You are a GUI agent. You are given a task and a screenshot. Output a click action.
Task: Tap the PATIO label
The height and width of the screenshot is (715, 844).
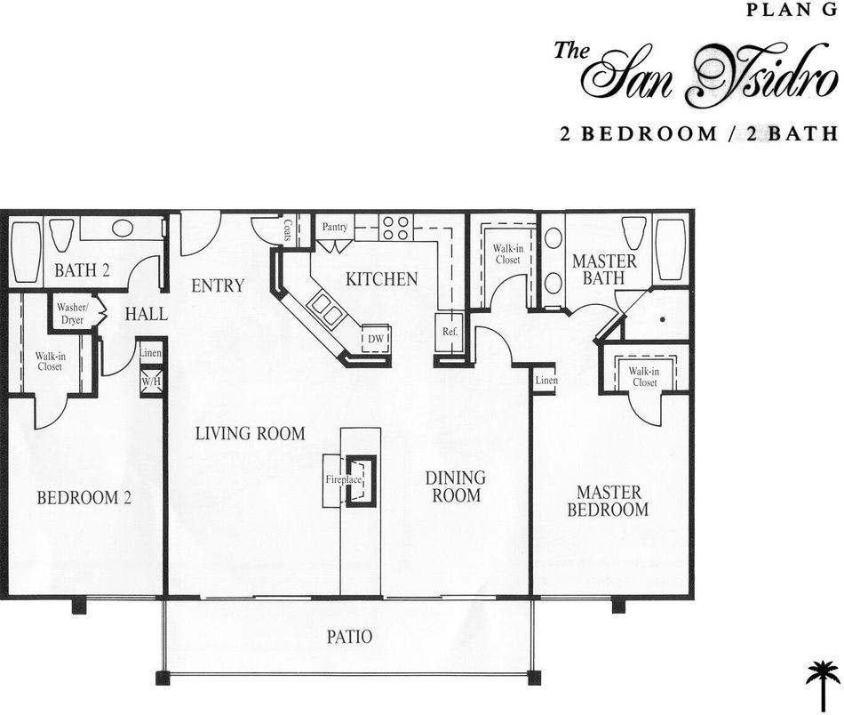click(347, 637)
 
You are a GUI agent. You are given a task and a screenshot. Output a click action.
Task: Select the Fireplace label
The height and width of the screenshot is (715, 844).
click(343, 480)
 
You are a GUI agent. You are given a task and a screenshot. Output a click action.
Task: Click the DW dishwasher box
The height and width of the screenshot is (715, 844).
click(375, 339)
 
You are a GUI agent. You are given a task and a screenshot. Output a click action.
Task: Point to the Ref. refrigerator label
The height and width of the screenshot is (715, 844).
click(449, 331)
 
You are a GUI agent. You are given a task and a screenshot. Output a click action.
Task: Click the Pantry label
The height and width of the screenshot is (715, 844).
click(335, 228)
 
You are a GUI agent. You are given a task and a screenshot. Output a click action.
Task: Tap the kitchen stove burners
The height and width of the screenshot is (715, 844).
click(396, 229)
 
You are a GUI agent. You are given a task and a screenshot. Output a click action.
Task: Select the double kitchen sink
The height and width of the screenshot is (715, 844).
click(325, 312)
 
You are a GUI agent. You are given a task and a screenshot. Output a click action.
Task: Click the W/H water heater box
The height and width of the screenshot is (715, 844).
click(149, 382)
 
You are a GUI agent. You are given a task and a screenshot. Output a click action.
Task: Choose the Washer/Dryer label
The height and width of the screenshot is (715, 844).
click(71, 313)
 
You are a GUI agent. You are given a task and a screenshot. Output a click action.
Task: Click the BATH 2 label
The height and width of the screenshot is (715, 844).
click(82, 271)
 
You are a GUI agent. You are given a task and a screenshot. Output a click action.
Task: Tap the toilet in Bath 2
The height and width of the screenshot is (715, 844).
click(61, 236)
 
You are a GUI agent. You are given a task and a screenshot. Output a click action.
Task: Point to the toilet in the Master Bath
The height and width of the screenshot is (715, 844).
click(633, 234)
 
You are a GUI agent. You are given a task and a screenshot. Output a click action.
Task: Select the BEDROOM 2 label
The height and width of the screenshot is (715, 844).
click(84, 498)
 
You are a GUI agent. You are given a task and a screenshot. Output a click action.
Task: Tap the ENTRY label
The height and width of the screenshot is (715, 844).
click(218, 285)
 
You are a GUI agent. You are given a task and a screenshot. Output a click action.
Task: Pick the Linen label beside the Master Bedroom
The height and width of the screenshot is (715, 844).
click(545, 381)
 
